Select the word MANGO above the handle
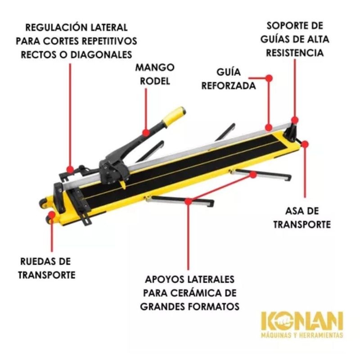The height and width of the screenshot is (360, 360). pyautogui.click(x=155, y=67)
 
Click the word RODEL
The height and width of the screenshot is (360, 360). pyautogui.click(x=155, y=81)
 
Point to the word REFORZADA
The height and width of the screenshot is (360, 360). pyautogui.click(x=229, y=86)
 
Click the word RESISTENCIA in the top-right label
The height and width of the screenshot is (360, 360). pyautogui.click(x=295, y=53)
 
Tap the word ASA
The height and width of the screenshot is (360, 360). pyautogui.click(x=293, y=211)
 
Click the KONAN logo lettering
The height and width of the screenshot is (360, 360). pyautogui.click(x=302, y=321)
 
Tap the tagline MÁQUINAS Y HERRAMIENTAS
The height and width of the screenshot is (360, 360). pyautogui.click(x=302, y=335)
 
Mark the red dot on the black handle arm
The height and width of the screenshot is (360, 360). pyautogui.click(x=146, y=133)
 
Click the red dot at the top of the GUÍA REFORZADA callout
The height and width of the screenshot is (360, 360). pyautogui.click(x=269, y=78)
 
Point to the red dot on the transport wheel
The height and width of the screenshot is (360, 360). pyautogui.click(x=52, y=215)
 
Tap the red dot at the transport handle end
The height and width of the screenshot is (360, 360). pyautogui.click(x=305, y=144)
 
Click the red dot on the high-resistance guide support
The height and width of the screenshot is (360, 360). pyautogui.click(x=295, y=120)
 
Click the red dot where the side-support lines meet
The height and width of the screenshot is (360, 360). pyautogui.click(x=188, y=202)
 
